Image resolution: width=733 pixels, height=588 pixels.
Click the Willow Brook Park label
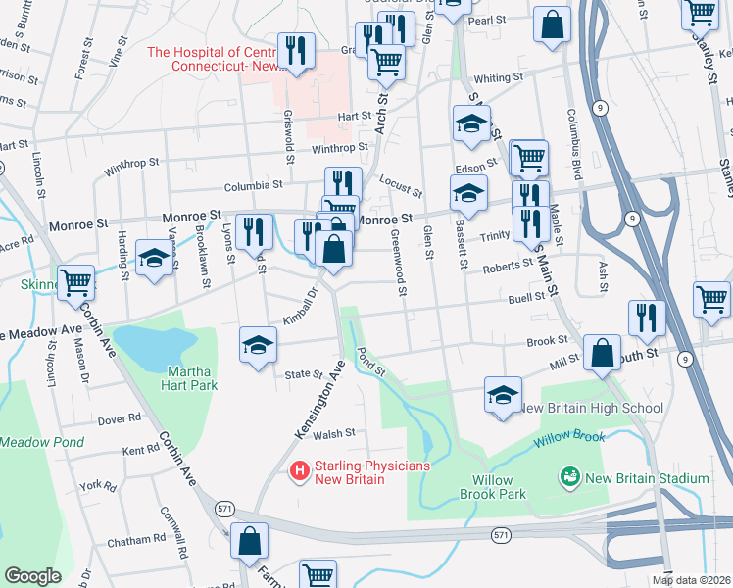click(499, 487)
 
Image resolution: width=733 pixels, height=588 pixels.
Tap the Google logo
click(32, 576)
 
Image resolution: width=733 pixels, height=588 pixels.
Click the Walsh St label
click(334, 432)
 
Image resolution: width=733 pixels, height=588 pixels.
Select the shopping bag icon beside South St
click(602, 351)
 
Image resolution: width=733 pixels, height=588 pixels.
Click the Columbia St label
click(253, 183)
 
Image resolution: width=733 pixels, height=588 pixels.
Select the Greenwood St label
click(399, 263)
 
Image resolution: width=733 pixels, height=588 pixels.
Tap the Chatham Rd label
click(136, 540)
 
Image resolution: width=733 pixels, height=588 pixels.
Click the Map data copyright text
click(692, 580)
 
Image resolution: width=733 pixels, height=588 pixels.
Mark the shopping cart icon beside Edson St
click(528, 155)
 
